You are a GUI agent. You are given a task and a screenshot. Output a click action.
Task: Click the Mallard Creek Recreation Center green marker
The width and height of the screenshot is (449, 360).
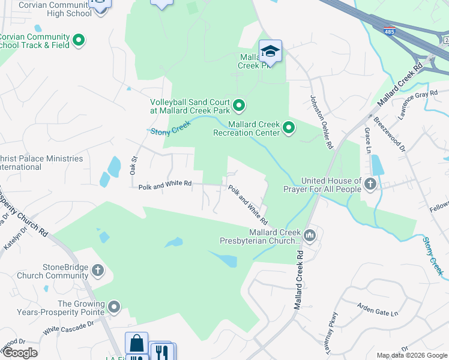point(289,127)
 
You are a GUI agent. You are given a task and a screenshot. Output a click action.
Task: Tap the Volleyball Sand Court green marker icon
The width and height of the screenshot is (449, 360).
point(239,106)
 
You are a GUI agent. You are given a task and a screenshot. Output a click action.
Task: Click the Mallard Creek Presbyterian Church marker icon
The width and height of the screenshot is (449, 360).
point(310,235)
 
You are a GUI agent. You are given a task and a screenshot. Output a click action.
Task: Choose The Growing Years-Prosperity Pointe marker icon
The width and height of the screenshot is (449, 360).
point(114,308)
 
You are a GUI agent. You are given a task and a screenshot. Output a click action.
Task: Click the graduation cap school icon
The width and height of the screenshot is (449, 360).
point(270,52)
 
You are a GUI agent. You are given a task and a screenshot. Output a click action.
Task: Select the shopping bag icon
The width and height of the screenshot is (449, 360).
point(136,344)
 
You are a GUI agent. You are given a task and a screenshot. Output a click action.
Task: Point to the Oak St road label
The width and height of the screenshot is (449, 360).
point(134,166)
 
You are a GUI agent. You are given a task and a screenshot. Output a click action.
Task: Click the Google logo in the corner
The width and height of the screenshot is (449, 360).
point(19,353)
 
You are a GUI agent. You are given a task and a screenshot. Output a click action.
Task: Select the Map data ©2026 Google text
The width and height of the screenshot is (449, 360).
point(411,355)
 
